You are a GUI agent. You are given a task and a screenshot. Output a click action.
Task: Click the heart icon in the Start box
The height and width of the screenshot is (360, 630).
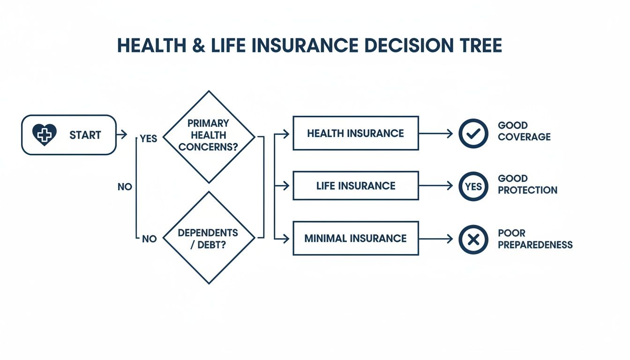(x=44, y=135)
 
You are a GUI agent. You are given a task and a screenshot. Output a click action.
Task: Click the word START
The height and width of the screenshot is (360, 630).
(x=85, y=135)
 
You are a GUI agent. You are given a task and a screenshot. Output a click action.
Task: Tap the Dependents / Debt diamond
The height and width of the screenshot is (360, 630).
(x=208, y=238)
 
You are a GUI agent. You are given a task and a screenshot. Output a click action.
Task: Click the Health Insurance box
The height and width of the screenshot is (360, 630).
(x=355, y=133)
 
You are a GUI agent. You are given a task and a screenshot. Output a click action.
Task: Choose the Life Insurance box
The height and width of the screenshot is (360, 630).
(x=355, y=186)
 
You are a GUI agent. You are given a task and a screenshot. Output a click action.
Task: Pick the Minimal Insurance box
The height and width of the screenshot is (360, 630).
(x=355, y=239)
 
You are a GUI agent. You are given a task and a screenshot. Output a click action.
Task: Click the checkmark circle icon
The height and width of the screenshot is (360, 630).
(x=473, y=134)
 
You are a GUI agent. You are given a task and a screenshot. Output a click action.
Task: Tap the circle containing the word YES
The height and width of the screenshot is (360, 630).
(x=473, y=187)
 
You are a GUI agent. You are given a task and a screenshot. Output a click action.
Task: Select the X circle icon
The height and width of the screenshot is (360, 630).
(x=473, y=240)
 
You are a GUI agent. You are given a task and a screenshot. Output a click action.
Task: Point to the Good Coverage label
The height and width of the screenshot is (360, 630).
(x=524, y=131)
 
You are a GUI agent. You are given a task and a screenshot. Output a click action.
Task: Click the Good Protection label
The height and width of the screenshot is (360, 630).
(x=527, y=184)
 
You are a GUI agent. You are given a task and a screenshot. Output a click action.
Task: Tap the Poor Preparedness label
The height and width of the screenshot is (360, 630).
(x=535, y=239)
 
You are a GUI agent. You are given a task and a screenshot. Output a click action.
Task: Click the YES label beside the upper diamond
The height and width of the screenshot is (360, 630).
(x=149, y=139)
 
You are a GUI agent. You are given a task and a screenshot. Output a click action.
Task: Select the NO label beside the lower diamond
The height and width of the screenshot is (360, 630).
(x=149, y=239)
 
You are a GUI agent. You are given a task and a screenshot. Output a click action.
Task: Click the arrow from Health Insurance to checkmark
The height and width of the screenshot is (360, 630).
(x=435, y=134)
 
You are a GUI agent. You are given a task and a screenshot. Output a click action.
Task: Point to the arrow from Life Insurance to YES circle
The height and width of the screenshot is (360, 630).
(x=435, y=186)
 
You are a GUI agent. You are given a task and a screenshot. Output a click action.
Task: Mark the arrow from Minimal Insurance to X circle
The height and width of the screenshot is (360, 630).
(x=435, y=239)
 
